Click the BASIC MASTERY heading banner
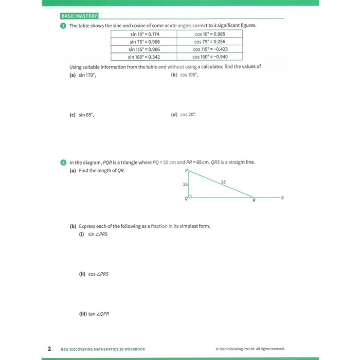(79, 16)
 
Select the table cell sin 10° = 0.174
(144, 34)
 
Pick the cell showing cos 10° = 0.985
(210, 34)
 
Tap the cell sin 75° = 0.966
(144, 42)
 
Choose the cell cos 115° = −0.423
(210, 49)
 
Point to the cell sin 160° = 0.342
(144, 57)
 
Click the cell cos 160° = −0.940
(210, 57)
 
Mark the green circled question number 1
(63, 25)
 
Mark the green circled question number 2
(63, 163)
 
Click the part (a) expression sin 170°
(87, 75)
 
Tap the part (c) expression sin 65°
(86, 115)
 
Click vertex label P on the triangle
(187, 170)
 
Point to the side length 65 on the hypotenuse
(223, 182)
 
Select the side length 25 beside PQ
(185, 184)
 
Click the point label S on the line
(282, 197)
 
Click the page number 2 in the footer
(49, 349)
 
